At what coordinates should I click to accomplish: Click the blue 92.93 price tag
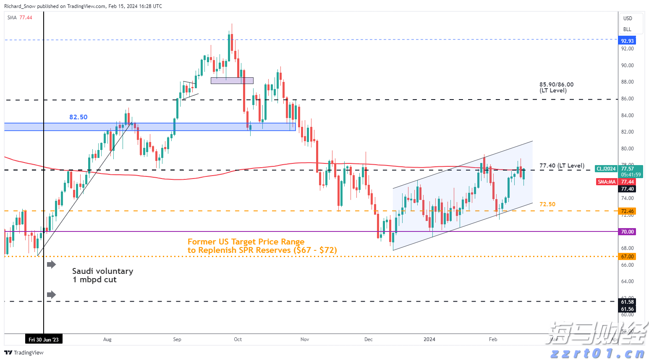pos(627,41)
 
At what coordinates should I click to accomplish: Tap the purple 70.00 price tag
pos(627,231)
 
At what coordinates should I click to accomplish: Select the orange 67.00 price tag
pos(627,256)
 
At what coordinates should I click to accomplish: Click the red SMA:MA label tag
pos(607,181)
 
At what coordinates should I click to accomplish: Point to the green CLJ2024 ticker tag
pos(607,169)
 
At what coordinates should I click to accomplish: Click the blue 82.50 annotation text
pos(79,117)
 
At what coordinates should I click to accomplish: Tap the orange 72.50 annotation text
pos(547,204)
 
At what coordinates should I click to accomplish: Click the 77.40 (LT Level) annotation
pos(562,166)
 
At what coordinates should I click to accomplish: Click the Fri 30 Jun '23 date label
pos(44,339)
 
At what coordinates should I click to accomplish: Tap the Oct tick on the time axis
pos(238,339)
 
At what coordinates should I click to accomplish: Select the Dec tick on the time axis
pos(368,339)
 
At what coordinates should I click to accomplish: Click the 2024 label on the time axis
pos(429,339)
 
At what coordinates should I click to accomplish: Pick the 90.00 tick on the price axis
pos(627,66)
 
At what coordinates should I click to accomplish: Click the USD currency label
pos(627,18)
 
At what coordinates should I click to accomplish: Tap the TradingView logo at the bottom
pos(24,352)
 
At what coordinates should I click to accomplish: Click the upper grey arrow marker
pos(51,264)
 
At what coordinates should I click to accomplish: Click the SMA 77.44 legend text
pos(20,18)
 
